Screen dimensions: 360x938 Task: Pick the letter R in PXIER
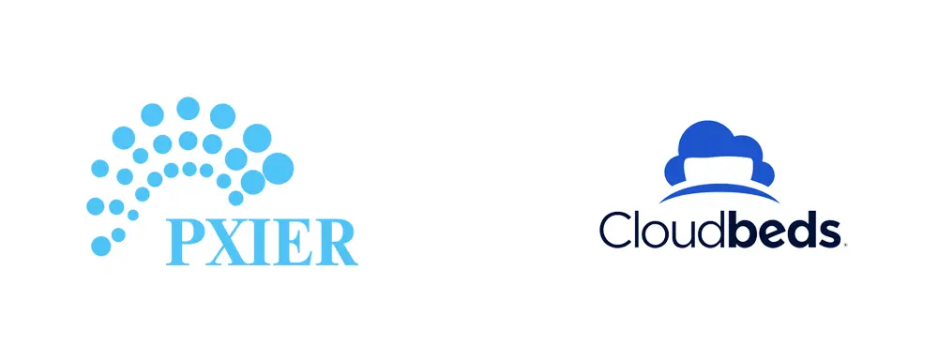coord(339,241)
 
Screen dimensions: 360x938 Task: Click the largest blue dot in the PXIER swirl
coord(278,169)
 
